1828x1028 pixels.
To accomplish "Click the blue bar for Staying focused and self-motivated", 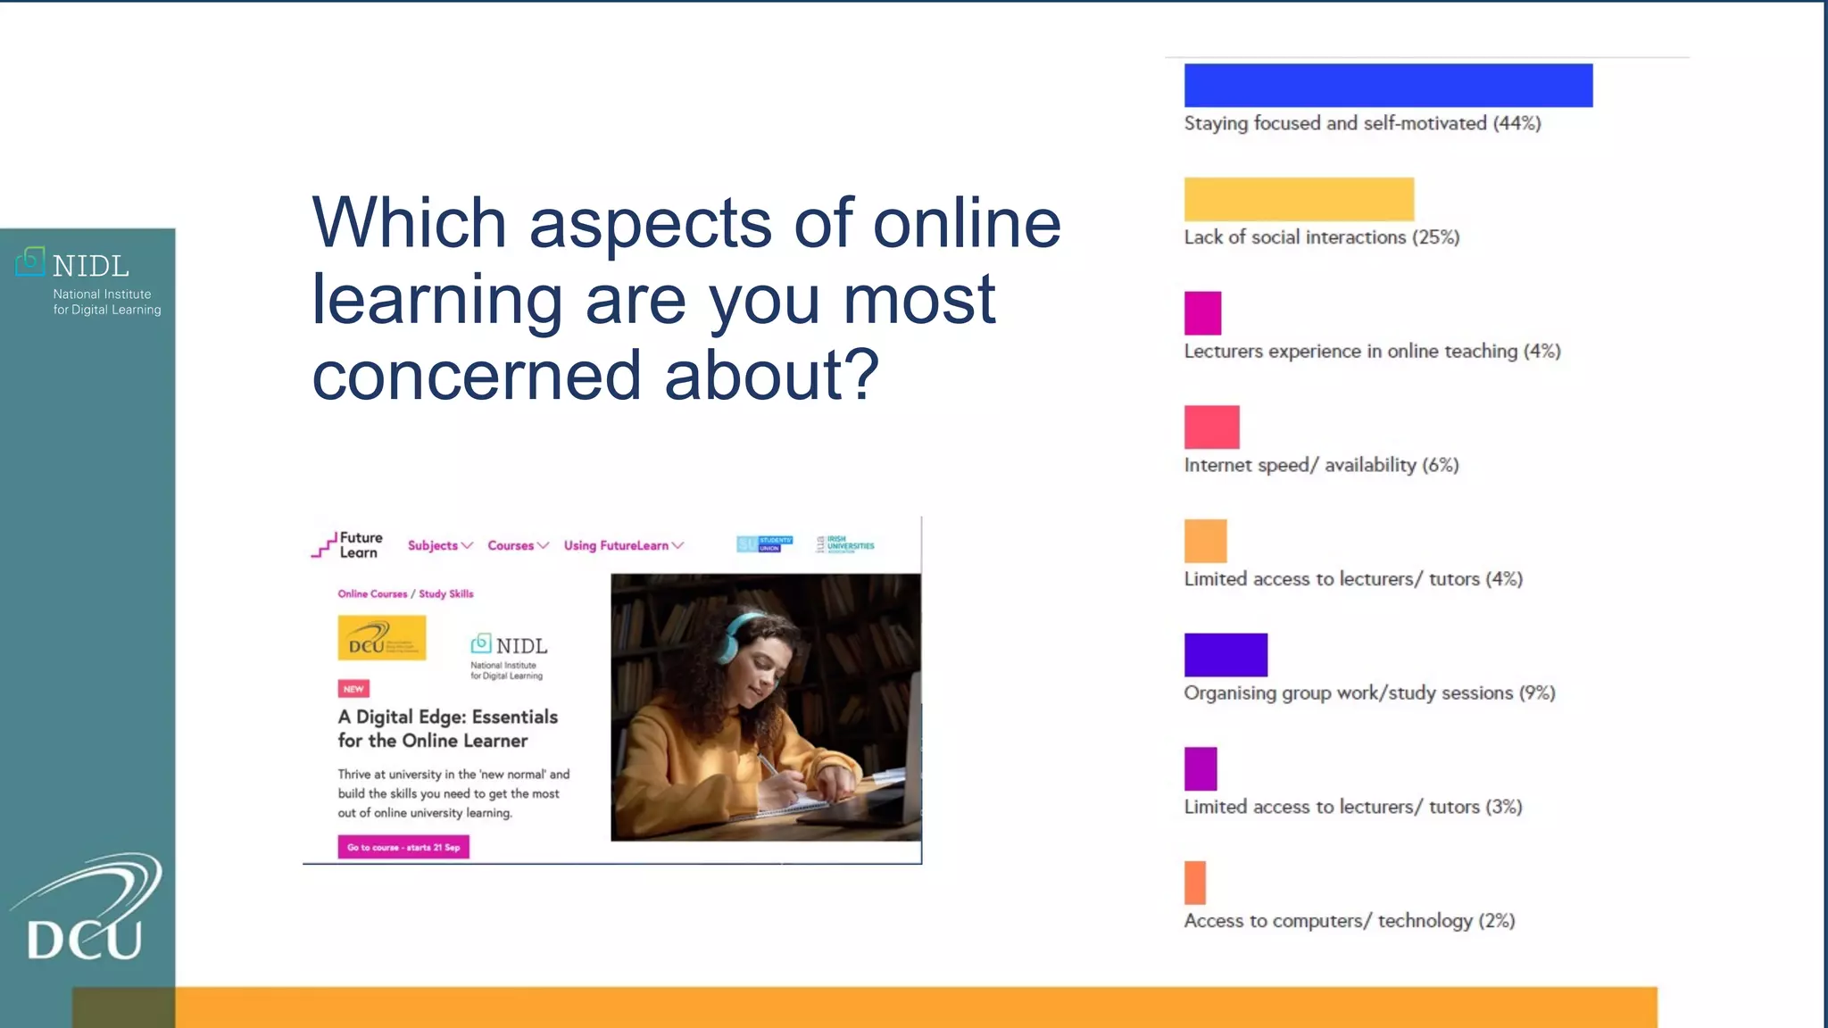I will pyautogui.click(x=1388, y=86).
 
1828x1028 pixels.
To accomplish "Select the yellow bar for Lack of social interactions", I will pyautogui.click(x=1299, y=199).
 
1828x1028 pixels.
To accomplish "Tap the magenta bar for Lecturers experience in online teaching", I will pyautogui.click(x=1202, y=313).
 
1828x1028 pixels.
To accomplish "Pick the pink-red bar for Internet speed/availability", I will pyautogui.click(x=1211, y=427).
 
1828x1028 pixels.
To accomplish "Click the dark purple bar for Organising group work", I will pyautogui.click(x=1226, y=655).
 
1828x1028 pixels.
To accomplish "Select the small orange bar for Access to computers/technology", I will pyautogui.click(x=1194, y=883).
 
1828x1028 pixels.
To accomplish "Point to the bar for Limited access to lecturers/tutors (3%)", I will pyautogui.click(x=1201, y=769).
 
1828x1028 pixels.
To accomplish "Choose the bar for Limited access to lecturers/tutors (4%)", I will pyautogui.click(x=1205, y=541).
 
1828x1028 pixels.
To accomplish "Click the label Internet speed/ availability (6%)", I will pyautogui.click(x=1321, y=465).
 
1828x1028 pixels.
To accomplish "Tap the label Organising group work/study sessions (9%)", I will pyautogui.click(x=1369, y=693).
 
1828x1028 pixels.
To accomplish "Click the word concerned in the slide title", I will pyautogui.click(x=477, y=376).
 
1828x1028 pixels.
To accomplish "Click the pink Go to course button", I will pyautogui.click(x=403, y=847).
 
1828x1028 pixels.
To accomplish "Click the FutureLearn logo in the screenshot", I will pyautogui.click(x=347, y=545).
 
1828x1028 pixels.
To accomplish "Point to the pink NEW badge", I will pyautogui.click(x=353, y=689).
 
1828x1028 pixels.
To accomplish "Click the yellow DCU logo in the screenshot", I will pyautogui.click(x=381, y=638).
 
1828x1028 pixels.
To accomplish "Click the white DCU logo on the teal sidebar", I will pyautogui.click(x=87, y=910).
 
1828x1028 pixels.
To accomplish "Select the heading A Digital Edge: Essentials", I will pyautogui.click(x=447, y=717).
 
